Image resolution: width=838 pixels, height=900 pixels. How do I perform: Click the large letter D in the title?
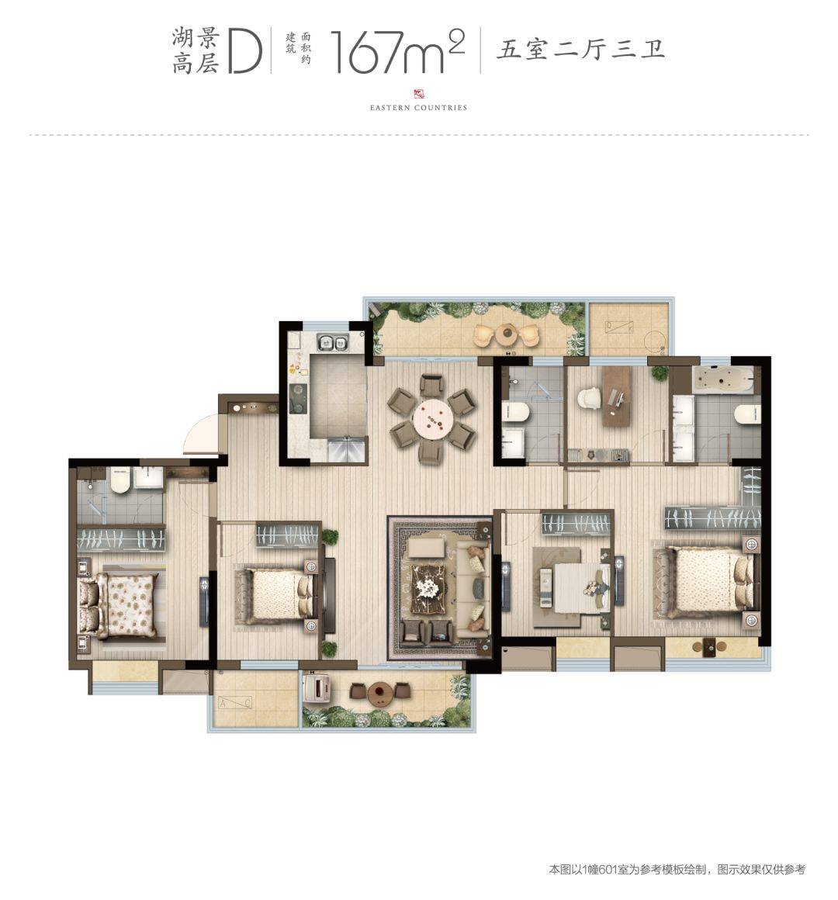(x=245, y=52)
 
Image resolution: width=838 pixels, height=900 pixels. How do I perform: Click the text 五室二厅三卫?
(x=580, y=49)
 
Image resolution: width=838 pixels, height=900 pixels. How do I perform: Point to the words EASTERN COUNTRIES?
(x=418, y=107)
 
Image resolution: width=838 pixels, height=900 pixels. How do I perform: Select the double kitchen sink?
(x=332, y=343)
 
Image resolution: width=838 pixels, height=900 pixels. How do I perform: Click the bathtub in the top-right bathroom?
(x=725, y=379)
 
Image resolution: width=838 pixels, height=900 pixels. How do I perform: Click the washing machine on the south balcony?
(x=317, y=688)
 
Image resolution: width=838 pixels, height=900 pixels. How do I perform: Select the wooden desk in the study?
(x=616, y=396)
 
